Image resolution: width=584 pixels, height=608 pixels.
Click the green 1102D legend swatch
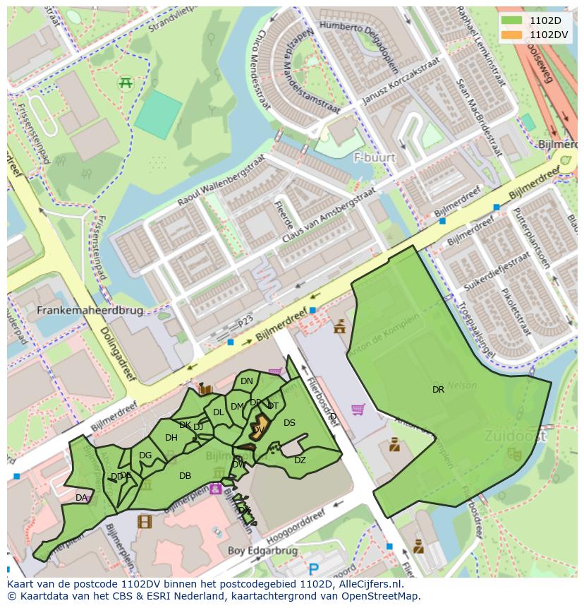pyautogui.click(x=512, y=20)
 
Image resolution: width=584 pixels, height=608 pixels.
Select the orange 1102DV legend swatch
pyautogui.click(x=512, y=34)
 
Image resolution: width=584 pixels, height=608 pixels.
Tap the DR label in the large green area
pyautogui.click(x=438, y=389)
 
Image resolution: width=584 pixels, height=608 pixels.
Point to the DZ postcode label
pyautogui.click(x=300, y=460)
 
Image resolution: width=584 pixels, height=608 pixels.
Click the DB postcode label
pyautogui.click(x=185, y=475)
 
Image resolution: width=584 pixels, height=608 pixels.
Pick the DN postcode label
pyautogui.click(x=246, y=381)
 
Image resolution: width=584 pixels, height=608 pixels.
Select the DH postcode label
pyautogui.click(x=171, y=437)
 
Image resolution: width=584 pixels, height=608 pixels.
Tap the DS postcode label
pyautogui.click(x=289, y=422)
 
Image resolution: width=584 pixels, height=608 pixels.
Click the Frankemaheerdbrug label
pyautogui.click(x=90, y=310)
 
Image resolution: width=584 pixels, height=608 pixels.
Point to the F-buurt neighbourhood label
pyautogui.click(x=375, y=157)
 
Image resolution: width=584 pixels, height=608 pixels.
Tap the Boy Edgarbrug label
pyautogui.click(x=258, y=550)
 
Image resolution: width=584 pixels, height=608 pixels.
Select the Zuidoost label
pyautogui.click(x=515, y=436)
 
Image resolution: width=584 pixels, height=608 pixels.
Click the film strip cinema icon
pyautogui.click(x=145, y=522)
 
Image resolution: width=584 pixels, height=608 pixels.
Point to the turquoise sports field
pyautogui.click(x=158, y=114)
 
